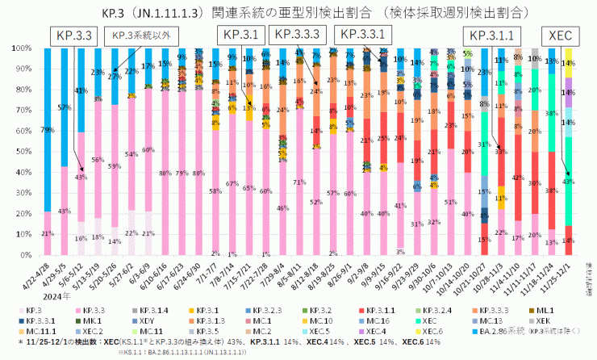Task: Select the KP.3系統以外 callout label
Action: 144,35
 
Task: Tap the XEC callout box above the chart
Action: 560,35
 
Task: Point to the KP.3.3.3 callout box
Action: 298,35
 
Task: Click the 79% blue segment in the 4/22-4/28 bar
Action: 48,129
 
